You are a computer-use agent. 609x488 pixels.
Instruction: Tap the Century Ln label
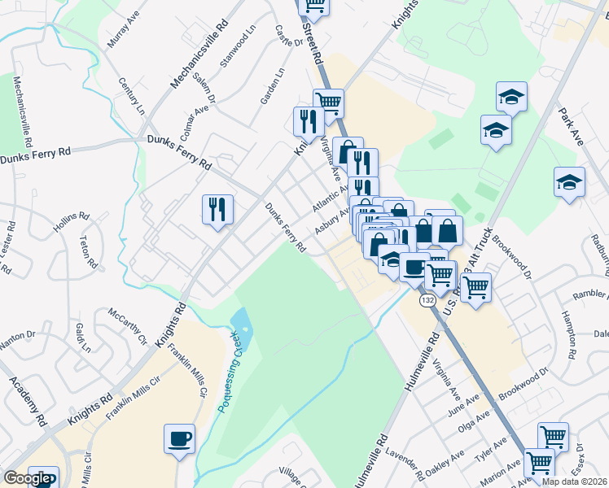(129, 95)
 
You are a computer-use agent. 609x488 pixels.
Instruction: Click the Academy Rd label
(27, 402)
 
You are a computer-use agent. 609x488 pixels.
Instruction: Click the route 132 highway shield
(427, 300)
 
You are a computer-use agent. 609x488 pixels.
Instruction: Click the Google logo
(27, 478)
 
